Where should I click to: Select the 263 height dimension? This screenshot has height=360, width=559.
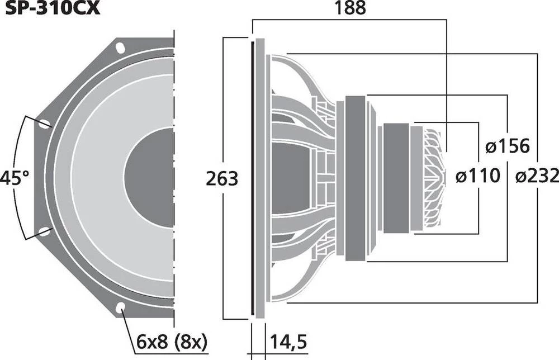tap(221, 179)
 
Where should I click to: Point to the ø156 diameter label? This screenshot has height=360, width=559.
tap(506, 147)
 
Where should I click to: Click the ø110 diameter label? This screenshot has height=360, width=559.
tap(477, 177)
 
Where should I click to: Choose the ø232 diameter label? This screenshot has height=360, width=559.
tap(536, 177)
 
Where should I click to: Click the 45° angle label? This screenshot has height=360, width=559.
tap(14, 179)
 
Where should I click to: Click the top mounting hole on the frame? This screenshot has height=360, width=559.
tap(120, 47)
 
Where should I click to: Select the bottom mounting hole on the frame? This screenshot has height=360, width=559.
tap(120, 307)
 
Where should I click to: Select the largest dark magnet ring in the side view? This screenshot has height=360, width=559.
tap(354, 178)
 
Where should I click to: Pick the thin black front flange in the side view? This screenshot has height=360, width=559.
tap(253, 178)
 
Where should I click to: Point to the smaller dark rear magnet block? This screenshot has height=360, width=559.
tap(396, 177)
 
